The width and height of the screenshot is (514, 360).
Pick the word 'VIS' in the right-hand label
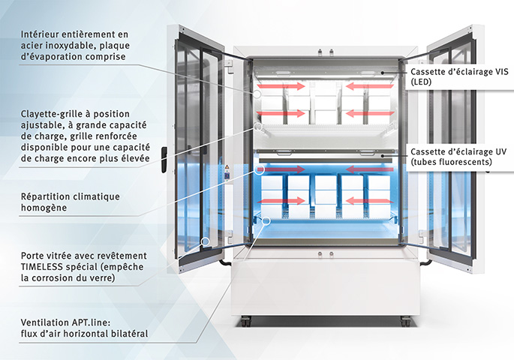pyautogui.click(x=500, y=71)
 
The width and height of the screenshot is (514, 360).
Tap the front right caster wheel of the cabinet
pyautogui.click(x=406, y=321)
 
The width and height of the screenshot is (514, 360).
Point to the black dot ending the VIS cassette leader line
pyautogui.click(x=382, y=72)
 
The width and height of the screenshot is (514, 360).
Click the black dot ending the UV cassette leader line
pyautogui.click(x=382, y=154)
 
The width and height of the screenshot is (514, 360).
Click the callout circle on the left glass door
pyautogui.click(x=206, y=243)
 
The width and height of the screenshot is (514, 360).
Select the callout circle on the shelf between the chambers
pyautogui.click(x=259, y=128)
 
